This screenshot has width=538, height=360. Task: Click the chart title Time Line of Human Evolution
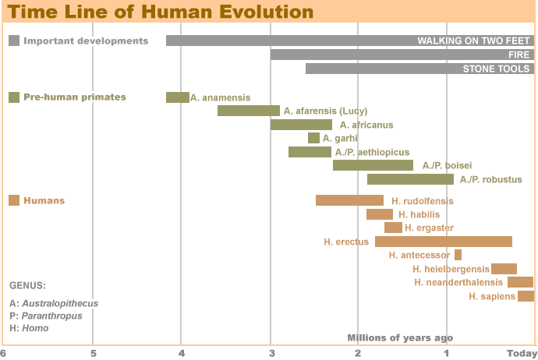[161, 12]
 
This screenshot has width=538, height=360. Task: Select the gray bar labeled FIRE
[402, 55]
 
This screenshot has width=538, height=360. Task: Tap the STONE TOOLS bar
[419, 69]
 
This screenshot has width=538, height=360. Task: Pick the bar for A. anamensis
[177, 97]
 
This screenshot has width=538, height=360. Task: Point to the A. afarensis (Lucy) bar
[248, 111]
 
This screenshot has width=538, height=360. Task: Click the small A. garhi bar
[313, 138]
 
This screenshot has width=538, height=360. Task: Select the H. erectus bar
[443, 242]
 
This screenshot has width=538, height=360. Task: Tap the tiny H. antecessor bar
[458, 255]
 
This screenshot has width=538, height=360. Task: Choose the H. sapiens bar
[526, 296]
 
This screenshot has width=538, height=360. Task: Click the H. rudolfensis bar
[349, 200]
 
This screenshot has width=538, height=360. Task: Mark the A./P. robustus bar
[410, 179]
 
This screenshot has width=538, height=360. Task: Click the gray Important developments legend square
[14, 41]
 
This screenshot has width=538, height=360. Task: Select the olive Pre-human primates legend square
[14, 97]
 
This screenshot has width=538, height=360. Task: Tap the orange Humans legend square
[14, 200]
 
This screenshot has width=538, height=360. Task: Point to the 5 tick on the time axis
[93, 353]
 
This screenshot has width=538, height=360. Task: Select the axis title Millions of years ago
[399, 337]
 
